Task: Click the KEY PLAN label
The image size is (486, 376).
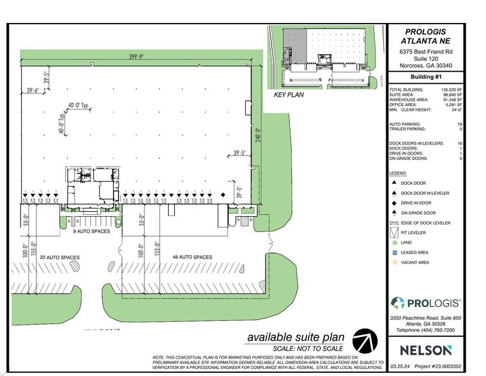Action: point(289,95)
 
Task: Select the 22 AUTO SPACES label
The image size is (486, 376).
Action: point(61,257)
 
